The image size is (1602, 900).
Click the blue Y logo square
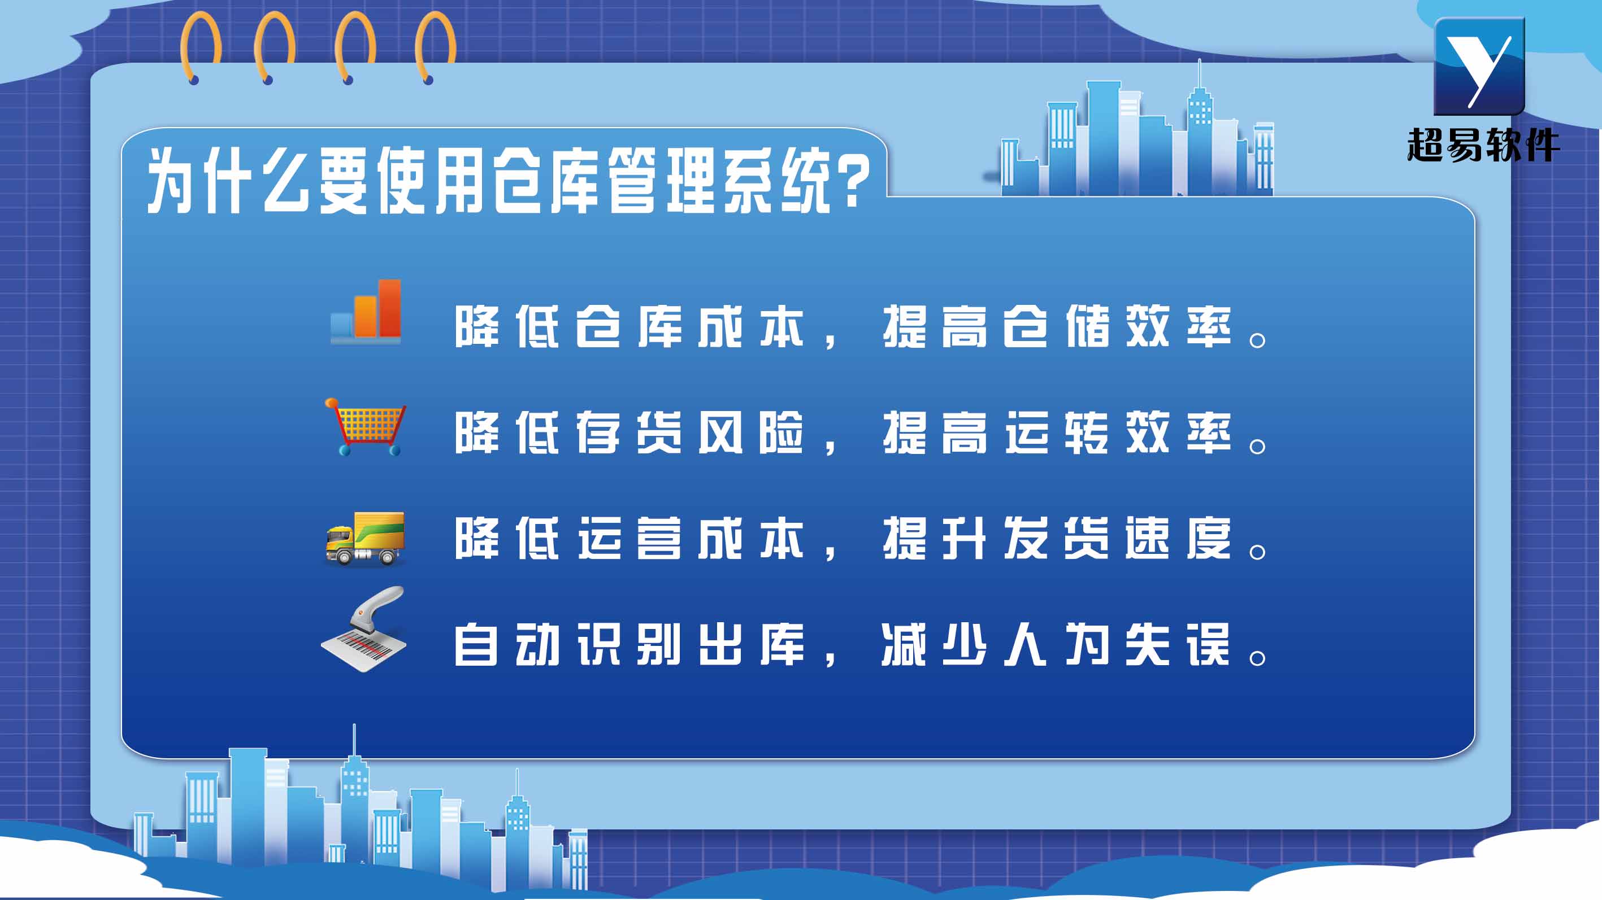click(1479, 66)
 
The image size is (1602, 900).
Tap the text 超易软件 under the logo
click(1483, 146)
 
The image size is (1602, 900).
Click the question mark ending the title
click(853, 181)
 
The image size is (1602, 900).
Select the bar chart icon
click(366, 312)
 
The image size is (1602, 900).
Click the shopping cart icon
click(366, 427)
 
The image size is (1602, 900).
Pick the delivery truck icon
click(365, 538)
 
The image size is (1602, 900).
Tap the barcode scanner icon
click(364, 628)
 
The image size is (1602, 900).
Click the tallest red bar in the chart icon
click(390, 308)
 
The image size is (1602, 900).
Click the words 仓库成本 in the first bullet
click(691, 326)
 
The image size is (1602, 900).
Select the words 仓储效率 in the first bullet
click(1118, 326)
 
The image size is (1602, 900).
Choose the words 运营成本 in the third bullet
click(691, 538)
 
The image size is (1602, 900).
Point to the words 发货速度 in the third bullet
click(1118, 538)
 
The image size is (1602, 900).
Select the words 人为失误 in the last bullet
click(1118, 645)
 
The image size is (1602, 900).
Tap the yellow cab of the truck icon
click(340, 540)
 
